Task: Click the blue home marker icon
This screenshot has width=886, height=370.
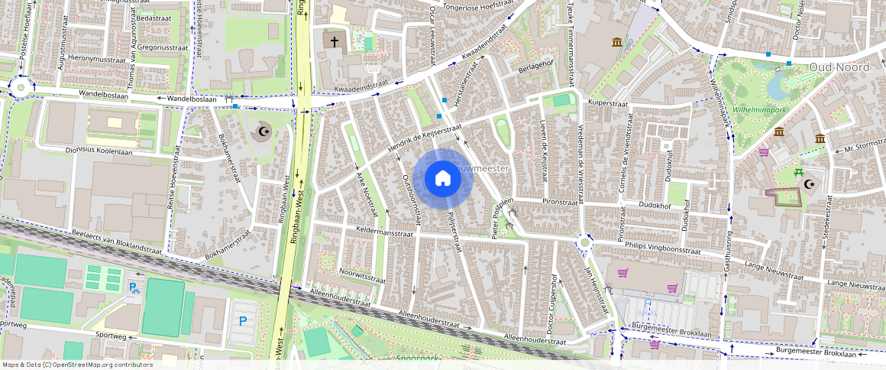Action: (x=442, y=178)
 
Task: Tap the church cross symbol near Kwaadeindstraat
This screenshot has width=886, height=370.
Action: (x=334, y=41)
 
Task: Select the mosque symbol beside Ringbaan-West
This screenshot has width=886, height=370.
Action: (x=264, y=131)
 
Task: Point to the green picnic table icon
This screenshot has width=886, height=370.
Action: (x=799, y=173)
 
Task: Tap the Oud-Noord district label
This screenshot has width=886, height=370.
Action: (x=839, y=67)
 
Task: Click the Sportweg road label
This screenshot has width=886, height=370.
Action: (x=106, y=336)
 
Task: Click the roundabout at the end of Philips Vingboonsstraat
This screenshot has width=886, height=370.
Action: (x=585, y=243)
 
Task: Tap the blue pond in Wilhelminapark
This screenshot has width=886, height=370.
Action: (x=776, y=83)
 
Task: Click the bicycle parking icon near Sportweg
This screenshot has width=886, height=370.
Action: (x=134, y=287)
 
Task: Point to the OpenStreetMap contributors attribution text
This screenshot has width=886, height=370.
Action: (x=76, y=365)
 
